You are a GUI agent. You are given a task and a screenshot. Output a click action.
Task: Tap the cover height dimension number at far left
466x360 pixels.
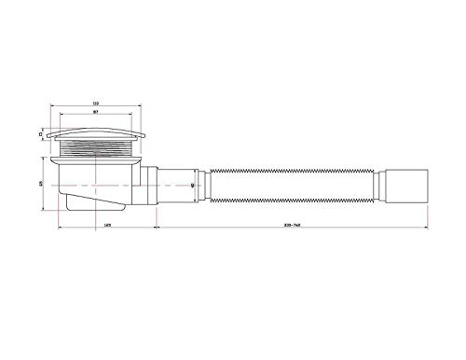pos(41,135)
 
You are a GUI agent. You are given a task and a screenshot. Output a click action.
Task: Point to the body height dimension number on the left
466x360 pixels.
pos(41,182)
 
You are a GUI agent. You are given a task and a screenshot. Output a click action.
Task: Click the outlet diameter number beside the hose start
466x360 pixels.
pos(191,184)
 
